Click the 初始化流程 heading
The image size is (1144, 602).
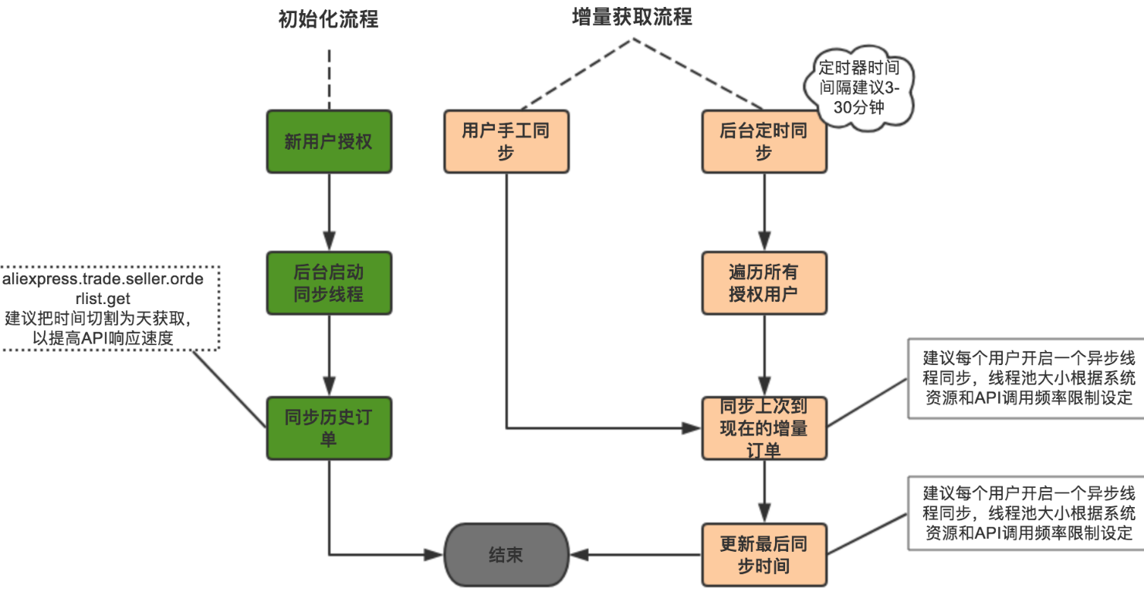point(328,19)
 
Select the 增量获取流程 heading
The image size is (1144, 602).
point(632,17)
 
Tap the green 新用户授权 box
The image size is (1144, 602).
point(329,141)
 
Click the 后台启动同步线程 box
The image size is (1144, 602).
point(329,282)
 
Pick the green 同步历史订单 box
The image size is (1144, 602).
point(329,428)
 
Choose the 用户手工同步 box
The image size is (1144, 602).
point(506,141)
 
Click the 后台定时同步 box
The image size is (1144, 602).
point(763,141)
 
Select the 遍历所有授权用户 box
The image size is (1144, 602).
point(763,282)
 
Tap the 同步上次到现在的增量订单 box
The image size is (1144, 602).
point(763,428)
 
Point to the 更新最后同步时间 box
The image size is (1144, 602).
point(763,554)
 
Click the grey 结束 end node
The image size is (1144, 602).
point(506,554)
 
